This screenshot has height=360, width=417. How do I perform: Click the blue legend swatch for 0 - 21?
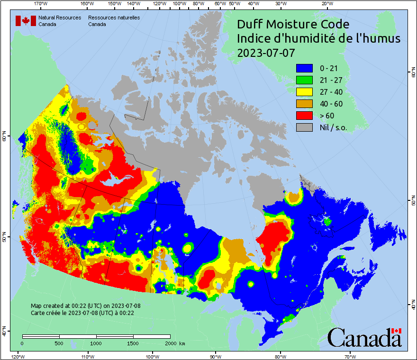[x=305, y=68]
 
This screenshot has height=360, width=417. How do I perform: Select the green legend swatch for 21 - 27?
[x=305, y=80]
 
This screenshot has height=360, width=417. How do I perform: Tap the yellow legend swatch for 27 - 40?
[x=305, y=92]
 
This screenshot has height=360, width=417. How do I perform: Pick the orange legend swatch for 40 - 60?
[x=305, y=104]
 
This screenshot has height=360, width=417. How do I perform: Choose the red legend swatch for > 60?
[x=305, y=116]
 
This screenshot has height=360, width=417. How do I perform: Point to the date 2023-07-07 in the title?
[x=266, y=53]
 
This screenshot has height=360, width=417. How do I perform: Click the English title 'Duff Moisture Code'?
[x=293, y=24]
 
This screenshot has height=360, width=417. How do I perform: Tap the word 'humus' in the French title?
[x=382, y=39]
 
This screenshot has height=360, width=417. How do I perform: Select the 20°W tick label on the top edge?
[x=326, y=4]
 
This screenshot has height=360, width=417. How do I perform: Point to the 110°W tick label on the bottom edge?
[x=87, y=356]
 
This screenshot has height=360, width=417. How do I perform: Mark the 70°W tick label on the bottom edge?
[x=350, y=356]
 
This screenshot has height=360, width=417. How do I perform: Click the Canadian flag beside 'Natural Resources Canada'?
[x=26, y=21]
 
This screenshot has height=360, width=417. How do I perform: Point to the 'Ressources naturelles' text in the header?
[x=114, y=18]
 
